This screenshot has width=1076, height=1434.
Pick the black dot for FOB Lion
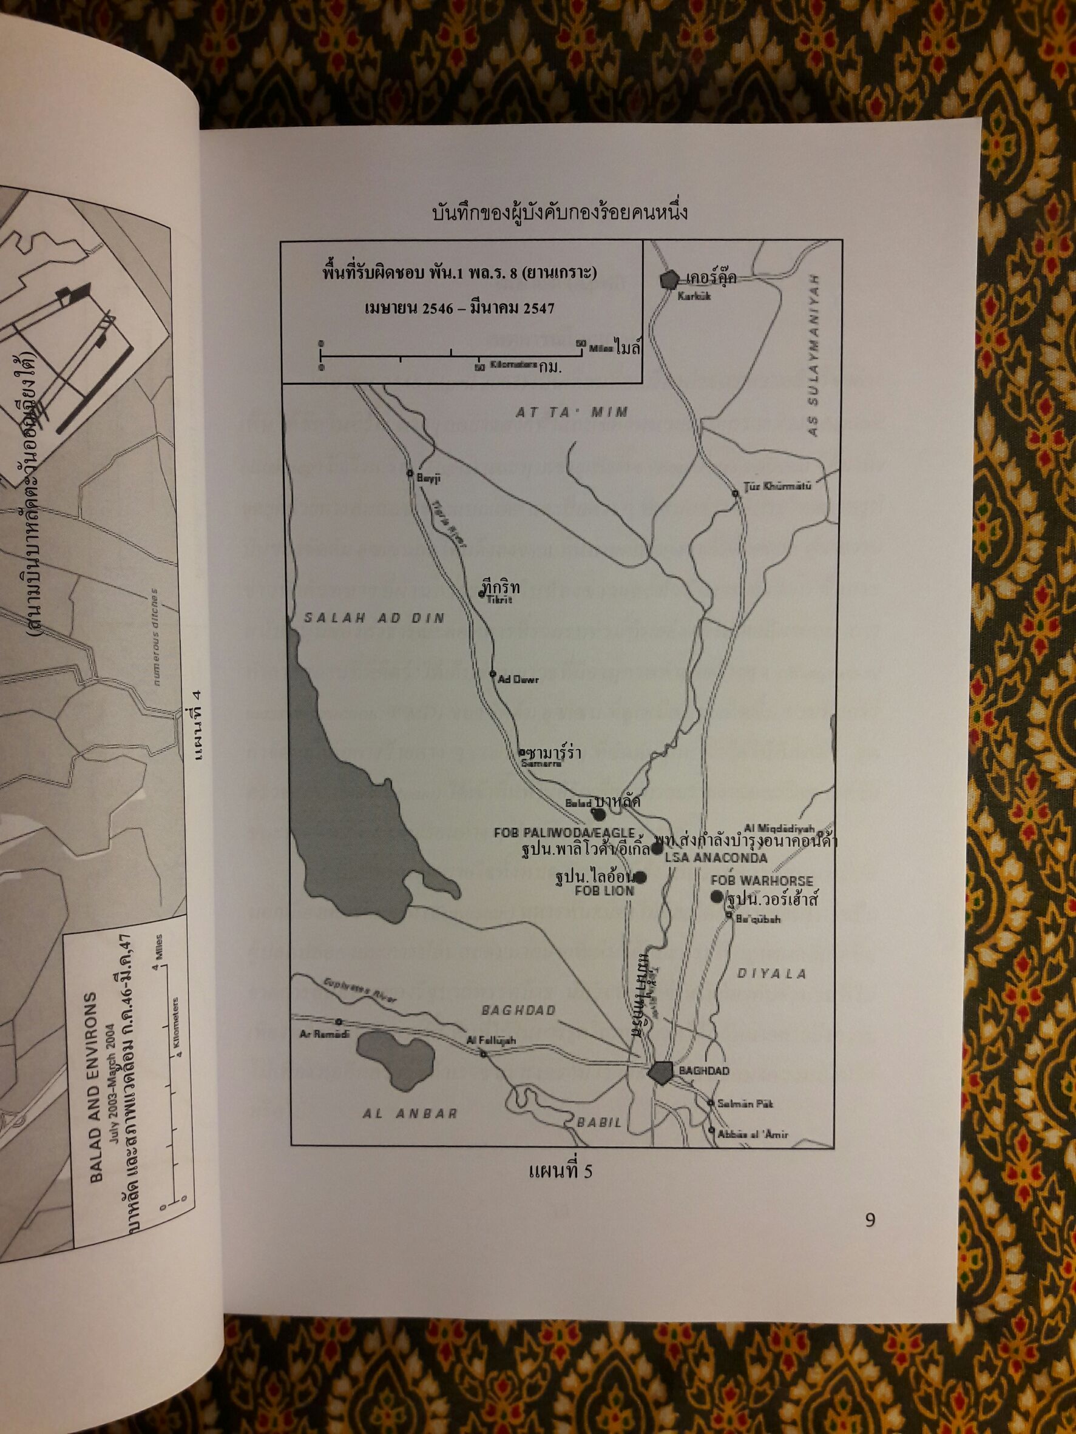coord(640,878)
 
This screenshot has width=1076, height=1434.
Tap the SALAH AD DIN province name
coord(374,619)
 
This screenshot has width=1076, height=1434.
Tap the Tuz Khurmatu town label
coord(777,486)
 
